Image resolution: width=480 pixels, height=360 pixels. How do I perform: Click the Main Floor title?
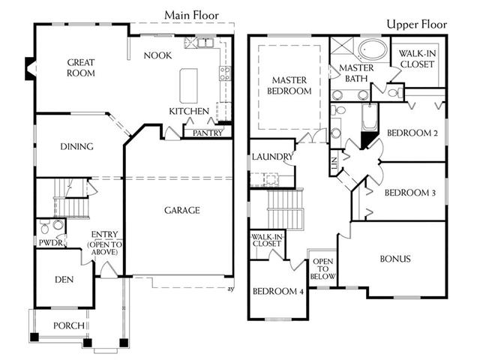[192, 15]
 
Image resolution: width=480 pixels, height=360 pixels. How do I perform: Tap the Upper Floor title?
[417, 25]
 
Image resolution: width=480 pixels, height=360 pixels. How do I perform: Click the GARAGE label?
[182, 210]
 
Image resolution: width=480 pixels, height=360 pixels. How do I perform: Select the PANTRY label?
[208, 133]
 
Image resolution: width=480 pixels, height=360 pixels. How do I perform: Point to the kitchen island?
[188, 85]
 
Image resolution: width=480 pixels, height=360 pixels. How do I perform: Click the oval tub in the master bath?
[373, 49]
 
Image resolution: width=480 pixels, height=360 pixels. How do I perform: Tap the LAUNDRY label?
[272, 157]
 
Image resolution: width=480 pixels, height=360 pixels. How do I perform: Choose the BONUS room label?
[395, 259]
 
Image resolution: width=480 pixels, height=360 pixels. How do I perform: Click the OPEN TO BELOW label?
[323, 269]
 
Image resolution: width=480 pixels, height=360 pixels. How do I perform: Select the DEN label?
[64, 280]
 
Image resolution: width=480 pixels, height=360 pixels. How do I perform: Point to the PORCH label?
[69, 325]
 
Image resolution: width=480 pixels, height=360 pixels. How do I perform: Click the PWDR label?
[51, 243]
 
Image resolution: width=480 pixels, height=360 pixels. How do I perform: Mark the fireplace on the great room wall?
[30, 69]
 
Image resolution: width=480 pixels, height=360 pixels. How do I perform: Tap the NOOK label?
[157, 55]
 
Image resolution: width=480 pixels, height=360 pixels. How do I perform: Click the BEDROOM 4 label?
[278, 291]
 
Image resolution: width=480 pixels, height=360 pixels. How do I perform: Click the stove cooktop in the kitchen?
[225, 73]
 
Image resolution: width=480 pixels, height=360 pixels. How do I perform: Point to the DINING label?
[76, 147]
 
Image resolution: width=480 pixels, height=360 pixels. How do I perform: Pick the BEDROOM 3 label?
[410, 193]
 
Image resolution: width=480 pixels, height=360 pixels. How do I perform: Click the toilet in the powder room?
[45, 227]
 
